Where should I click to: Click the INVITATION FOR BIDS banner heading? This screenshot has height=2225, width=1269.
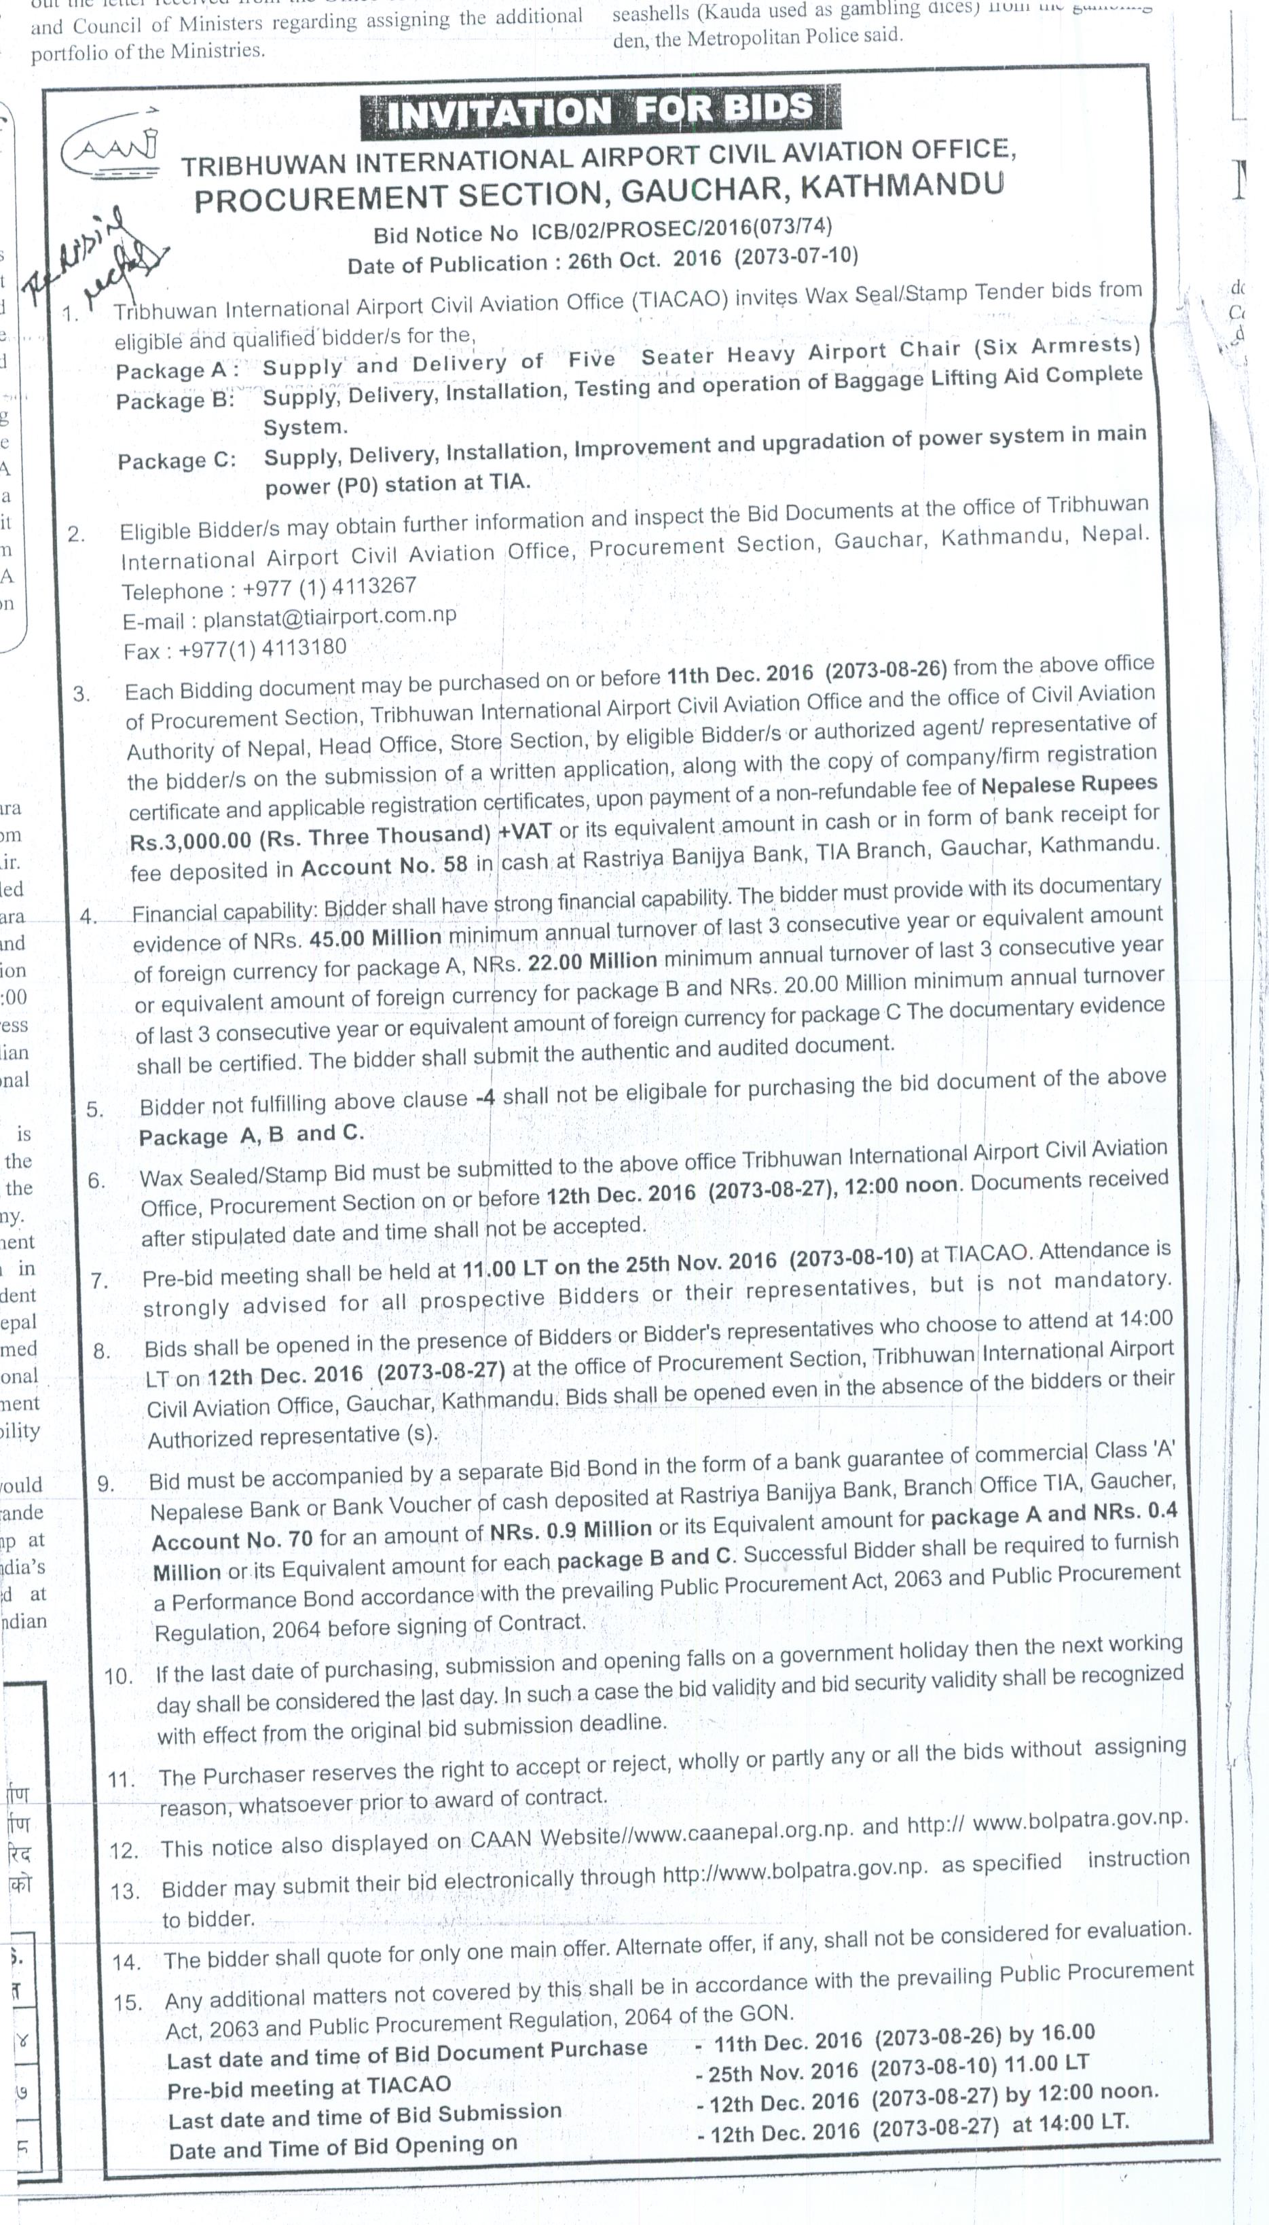(600, 110)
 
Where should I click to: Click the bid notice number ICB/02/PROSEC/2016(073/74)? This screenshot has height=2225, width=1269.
(676, 230)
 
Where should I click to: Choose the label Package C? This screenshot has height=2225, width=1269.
(177, 460)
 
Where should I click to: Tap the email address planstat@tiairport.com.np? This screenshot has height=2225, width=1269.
(329, 617)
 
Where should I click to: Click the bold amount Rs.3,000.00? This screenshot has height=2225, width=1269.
(190, 842)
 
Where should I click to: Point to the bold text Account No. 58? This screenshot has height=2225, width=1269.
(384, 867)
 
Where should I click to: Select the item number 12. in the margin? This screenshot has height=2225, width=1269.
(125, 1851)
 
